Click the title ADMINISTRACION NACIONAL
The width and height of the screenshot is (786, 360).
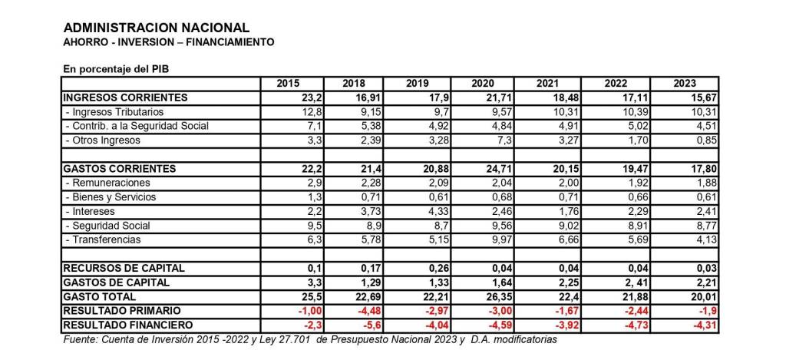pos(157,28)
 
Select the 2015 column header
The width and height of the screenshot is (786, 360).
pos(289,83)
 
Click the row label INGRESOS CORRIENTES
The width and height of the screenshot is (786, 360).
pos(126,97)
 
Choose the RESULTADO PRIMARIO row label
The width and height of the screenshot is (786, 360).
pos(123,310)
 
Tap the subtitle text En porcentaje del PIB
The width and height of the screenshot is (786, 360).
pos(116,68)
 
